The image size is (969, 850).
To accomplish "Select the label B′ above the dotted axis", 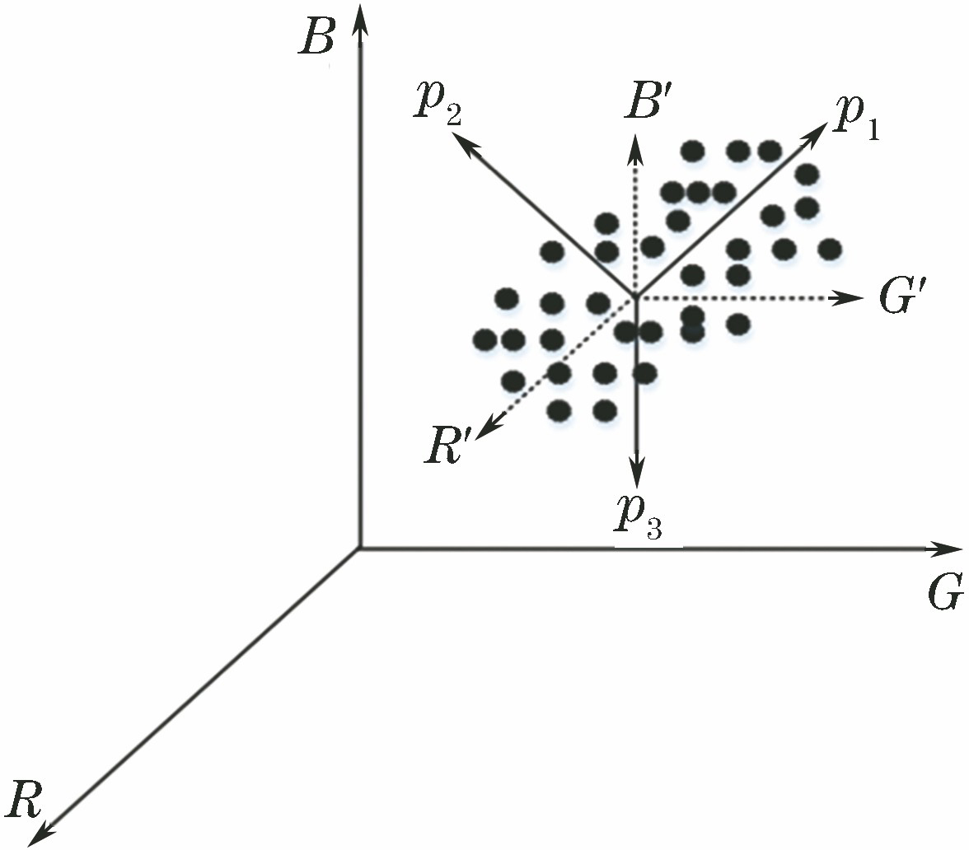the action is (x=644, y=102).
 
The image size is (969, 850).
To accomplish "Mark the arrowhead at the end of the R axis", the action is (x=41, y=832).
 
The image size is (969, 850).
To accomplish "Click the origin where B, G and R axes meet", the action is (x=360, y=548).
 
